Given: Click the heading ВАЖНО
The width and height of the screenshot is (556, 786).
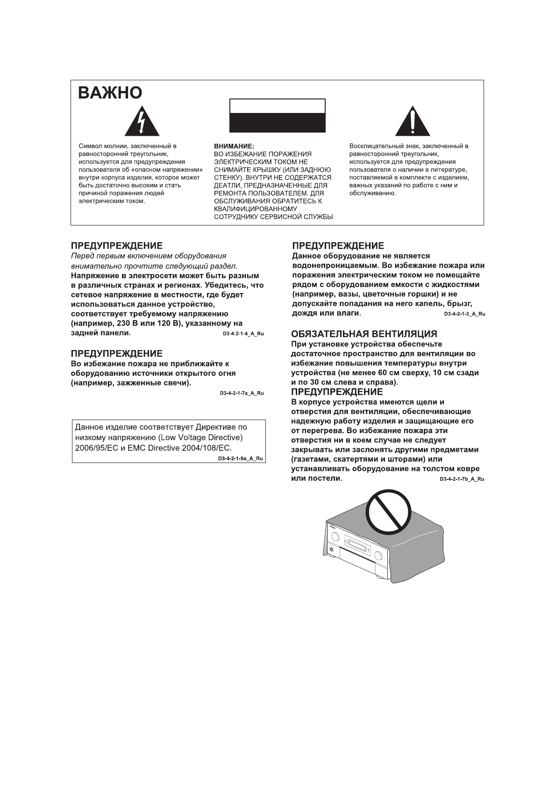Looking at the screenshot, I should click(110, 93).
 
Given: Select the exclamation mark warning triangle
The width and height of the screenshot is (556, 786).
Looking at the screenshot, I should click(412, 122).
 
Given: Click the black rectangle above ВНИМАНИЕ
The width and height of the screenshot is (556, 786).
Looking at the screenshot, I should click(277, 116).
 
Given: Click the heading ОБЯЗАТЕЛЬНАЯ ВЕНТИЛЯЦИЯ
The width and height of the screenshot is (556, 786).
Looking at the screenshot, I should click(364, 334).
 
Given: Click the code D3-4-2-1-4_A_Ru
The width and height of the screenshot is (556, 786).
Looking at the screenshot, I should click(242, 334).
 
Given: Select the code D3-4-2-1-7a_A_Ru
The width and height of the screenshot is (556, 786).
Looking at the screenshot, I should click(242, 393).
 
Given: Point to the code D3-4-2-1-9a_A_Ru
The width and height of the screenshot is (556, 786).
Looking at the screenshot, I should click(241, 458).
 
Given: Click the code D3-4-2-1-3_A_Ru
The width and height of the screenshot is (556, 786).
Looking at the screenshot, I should click(464, 314).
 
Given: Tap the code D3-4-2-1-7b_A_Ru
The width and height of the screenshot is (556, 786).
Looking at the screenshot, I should click(462, 479).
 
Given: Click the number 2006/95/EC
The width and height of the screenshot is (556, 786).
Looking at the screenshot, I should click(93, 448).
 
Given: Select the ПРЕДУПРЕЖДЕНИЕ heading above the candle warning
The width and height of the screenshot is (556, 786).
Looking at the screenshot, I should click(116, 354).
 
